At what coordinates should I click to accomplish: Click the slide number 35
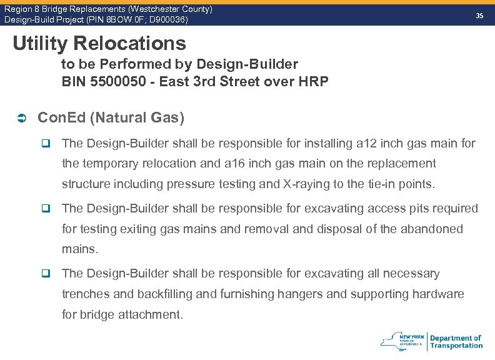click(x=479, y=15)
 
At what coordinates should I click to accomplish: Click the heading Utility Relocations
click(x=99, y=43)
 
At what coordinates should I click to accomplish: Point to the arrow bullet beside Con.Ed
click(x=20, y=118)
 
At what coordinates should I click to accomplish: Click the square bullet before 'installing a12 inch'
click(x=46, y=144)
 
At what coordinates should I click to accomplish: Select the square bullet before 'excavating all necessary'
click(x=46, y=274)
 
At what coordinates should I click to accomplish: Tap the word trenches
click(x=87, y=294)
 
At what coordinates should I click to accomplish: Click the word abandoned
click(x=431, y=229)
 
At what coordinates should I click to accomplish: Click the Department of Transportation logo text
click(x=456, y=341)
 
